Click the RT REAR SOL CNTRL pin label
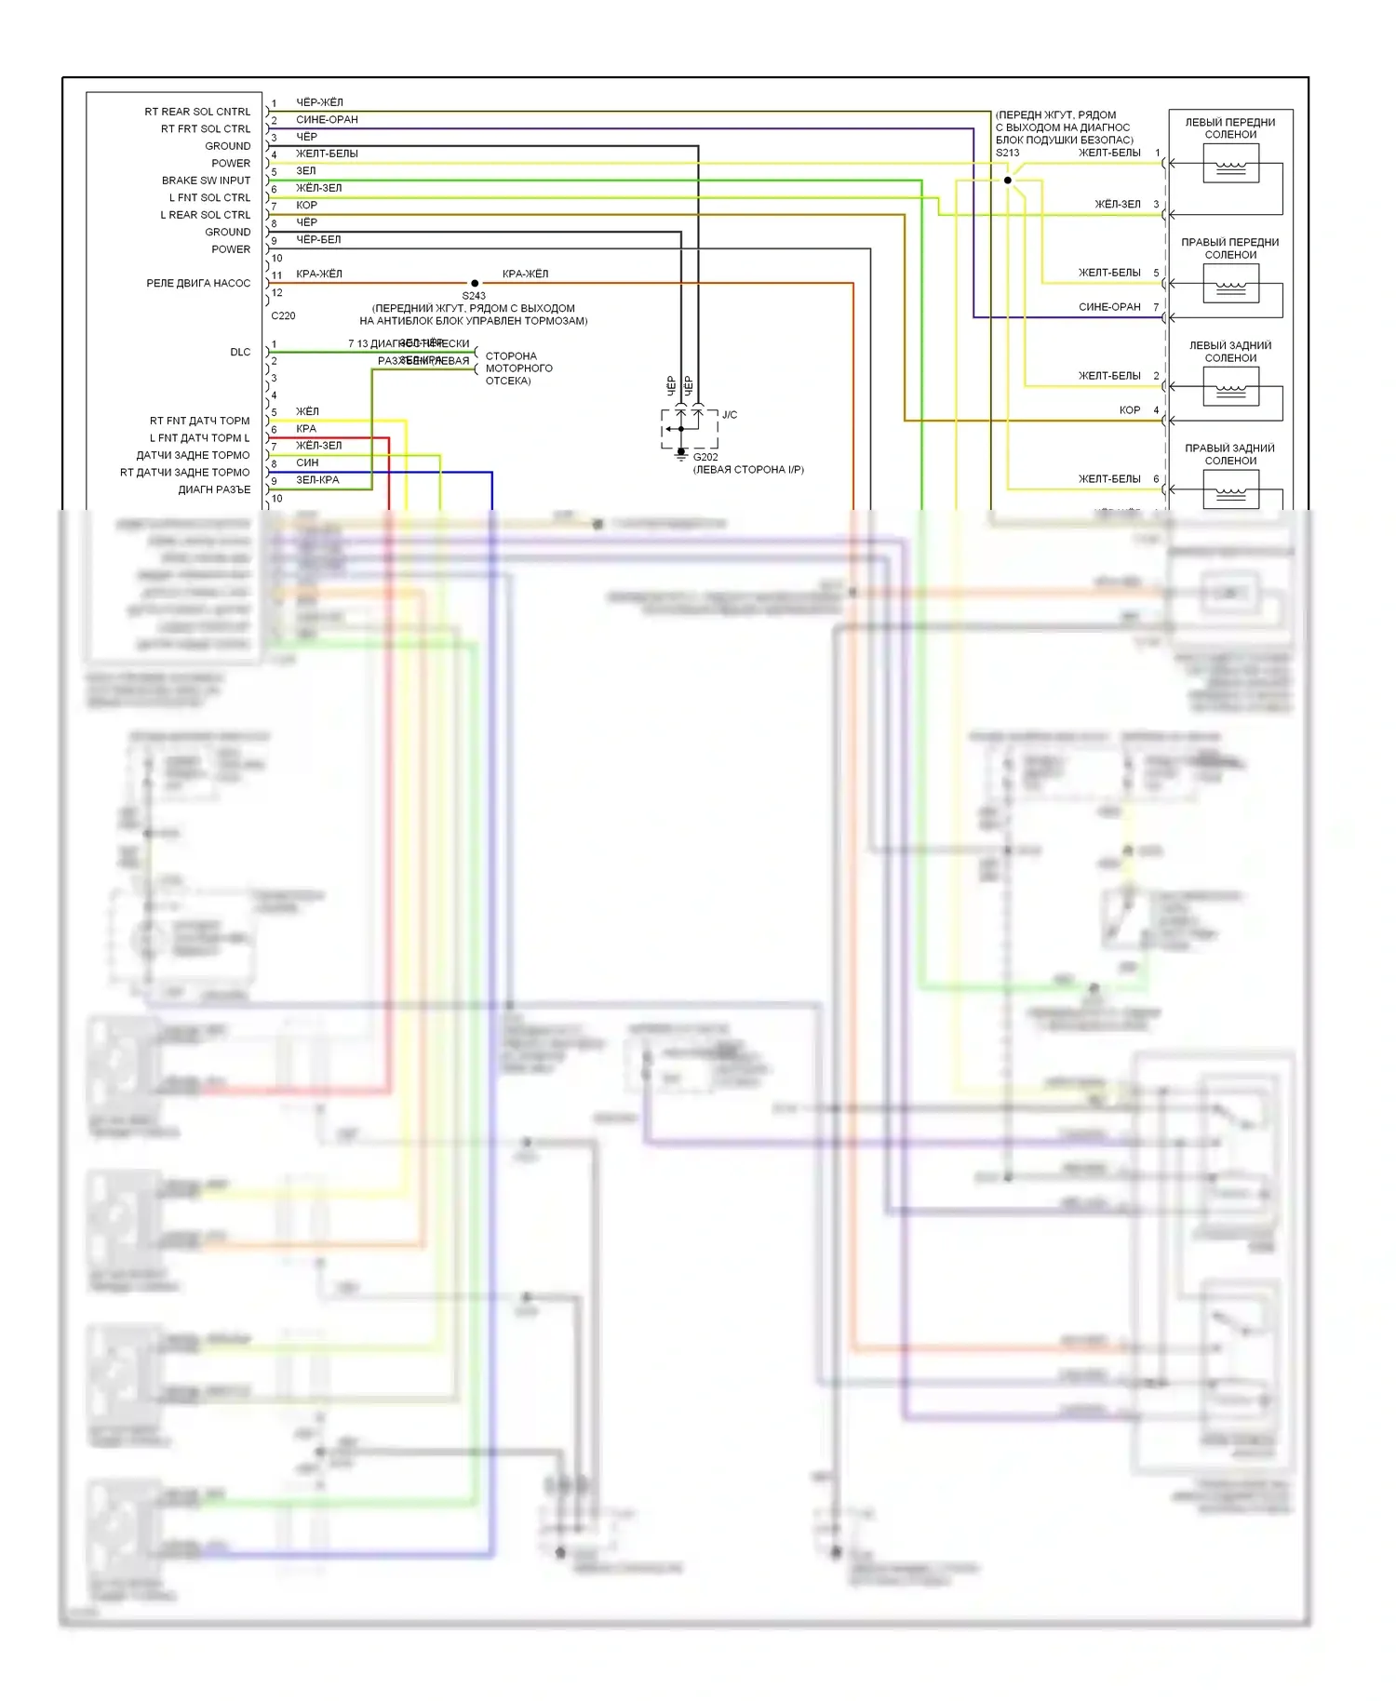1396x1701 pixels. point(197,112)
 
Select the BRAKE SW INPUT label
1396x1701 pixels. point(206,181)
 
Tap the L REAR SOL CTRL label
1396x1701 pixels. point(205,215)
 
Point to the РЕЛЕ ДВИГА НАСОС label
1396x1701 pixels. point(198,283)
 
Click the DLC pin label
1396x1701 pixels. point(240,352)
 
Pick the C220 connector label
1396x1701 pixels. point(283,315)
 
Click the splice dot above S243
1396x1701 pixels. point(475,283)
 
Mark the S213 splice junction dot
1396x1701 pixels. point(1007,181)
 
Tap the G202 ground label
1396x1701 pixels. point(705,457)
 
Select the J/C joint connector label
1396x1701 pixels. point(730,415)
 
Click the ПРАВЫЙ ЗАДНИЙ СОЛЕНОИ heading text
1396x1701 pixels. point(1229,454)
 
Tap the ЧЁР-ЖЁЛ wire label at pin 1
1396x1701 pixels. point(319,102)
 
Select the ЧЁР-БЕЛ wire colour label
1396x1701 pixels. point(318,240)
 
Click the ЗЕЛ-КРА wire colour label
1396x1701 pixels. point(317,480)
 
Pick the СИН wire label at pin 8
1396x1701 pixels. point(307,462)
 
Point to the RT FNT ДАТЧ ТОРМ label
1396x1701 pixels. point(199,421)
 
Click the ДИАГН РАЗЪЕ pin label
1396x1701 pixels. point(214,489)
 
